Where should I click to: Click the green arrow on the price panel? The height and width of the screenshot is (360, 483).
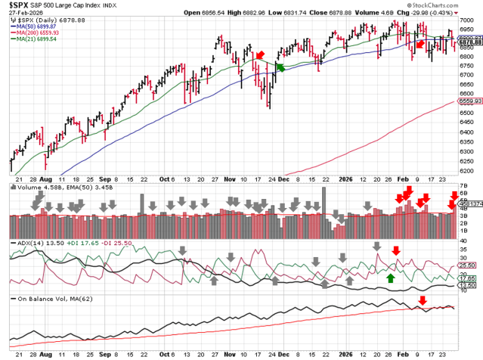[280, 67]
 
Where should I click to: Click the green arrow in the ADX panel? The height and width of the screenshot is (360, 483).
[390, 278]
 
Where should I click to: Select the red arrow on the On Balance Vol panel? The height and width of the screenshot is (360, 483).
[422, 301]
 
